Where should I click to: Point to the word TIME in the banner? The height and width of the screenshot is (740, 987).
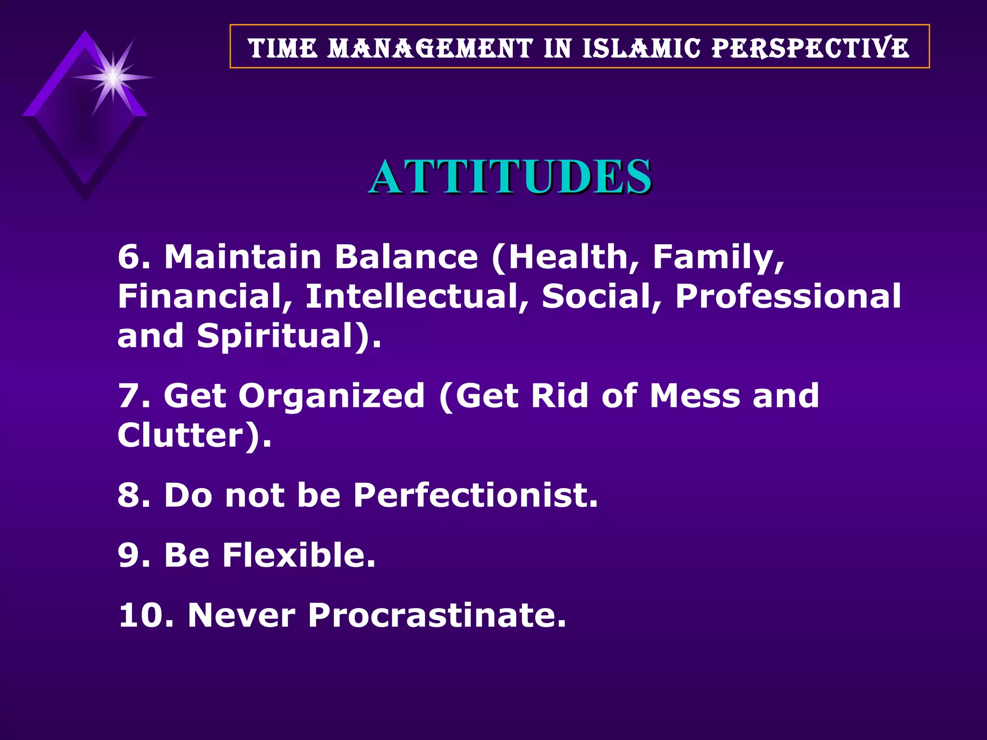(283, 48)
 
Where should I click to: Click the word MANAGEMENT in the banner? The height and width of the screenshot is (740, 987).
(430, 48)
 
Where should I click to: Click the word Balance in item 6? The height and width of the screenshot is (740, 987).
(406, 256)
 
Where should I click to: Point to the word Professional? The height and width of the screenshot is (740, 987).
(787, 296)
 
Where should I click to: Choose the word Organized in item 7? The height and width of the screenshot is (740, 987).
(332, 396)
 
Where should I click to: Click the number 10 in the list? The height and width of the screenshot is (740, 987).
(142, 615)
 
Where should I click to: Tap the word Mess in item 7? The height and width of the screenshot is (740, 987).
(694, 396)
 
